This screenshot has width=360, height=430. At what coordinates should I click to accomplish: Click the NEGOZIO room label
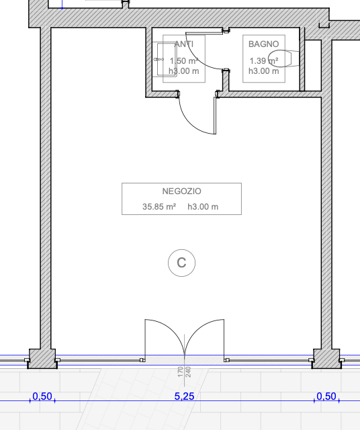tap(181, 191)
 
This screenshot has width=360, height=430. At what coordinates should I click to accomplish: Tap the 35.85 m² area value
tap(159, 206)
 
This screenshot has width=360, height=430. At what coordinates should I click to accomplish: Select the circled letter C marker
tap(181, 263)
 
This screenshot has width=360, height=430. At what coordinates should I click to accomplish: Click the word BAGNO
tap(263, 44)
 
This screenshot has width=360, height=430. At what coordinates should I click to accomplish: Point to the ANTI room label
tap(184, 44)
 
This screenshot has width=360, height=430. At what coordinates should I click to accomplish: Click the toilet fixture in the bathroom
tap(279, 58)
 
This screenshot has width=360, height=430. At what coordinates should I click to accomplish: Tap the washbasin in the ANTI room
tap(165, 59)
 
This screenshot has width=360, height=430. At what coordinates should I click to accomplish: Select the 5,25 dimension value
tap(184, 396)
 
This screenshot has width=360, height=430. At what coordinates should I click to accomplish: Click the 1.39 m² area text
tap(264, 60)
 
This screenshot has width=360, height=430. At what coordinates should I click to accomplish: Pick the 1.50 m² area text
tap(184, 60)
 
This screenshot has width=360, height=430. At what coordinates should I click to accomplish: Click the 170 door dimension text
tap(180, 372)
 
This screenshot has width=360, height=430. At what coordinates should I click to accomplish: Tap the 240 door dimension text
tap(188, 372)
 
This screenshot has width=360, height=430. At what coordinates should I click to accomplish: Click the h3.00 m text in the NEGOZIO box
tap(203, 206)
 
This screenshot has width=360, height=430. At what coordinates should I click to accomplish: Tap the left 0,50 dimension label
tap(42, 396)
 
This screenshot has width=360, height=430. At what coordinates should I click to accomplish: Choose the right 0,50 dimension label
tap(326, 396)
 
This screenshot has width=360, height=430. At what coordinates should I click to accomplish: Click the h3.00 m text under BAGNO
tap(264, 71)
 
